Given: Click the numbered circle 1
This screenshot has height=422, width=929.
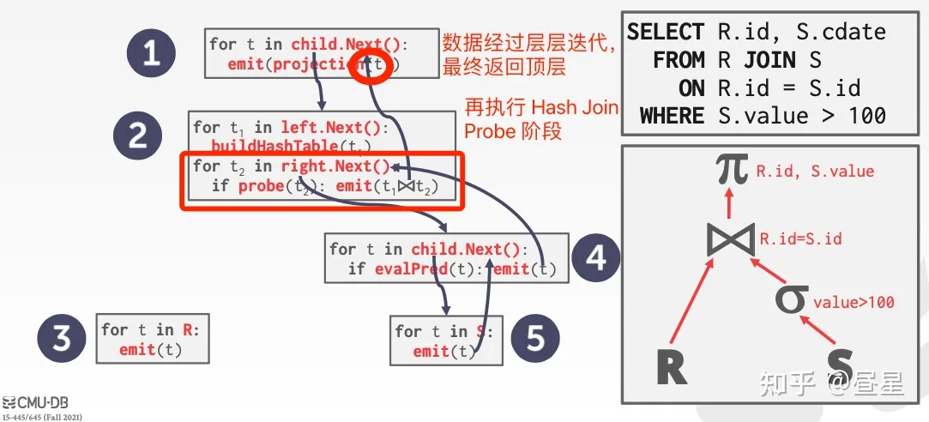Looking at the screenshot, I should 151,54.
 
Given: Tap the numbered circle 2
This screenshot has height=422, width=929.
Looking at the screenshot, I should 138,136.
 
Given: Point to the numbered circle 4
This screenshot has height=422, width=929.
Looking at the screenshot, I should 596,257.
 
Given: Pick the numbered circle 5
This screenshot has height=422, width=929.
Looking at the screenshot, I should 535,339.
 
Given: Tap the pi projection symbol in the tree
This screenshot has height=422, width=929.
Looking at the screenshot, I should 731,170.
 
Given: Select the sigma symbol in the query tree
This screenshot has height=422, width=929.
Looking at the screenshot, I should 791,299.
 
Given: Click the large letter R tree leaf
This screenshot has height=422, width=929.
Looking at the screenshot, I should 673,367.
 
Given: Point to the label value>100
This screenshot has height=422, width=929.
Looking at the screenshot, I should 854,302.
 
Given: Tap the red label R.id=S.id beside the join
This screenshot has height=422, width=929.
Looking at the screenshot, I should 800,238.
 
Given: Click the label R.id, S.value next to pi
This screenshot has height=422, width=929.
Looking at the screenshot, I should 815,172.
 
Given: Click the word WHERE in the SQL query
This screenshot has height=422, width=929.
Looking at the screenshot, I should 672,115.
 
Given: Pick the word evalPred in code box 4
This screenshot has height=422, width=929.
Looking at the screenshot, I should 406,269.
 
